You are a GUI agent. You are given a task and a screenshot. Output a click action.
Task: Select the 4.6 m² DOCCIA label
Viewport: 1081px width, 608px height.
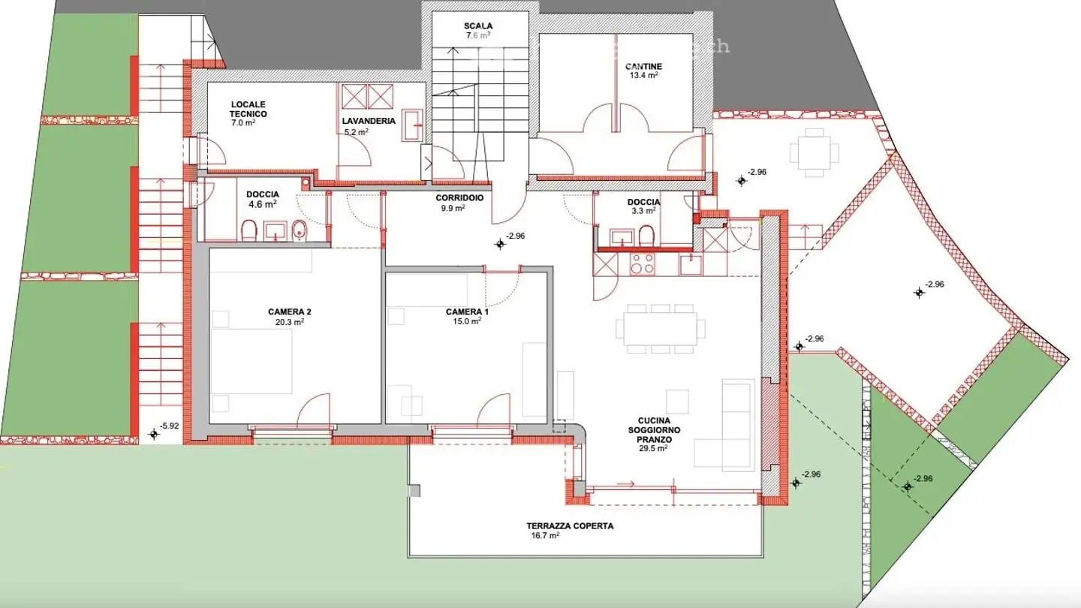[x=262, y=198]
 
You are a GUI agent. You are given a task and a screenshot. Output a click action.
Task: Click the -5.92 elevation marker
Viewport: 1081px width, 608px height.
[x=155, y=433]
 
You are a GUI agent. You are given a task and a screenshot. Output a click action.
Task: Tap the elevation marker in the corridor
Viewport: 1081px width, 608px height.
[x=500, y=244]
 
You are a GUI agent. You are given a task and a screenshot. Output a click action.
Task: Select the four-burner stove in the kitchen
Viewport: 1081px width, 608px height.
[x=642, y=264]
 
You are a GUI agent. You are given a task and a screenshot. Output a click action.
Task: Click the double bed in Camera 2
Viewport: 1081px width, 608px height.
[x=251, y=362]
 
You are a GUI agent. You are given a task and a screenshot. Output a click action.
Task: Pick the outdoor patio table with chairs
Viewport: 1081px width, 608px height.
[x=814, y=152]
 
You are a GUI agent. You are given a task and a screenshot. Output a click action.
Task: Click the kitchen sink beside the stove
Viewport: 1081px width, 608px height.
[x=691, y=265]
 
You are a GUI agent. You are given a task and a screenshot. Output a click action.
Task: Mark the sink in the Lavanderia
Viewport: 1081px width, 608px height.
[x=412, y=125]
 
